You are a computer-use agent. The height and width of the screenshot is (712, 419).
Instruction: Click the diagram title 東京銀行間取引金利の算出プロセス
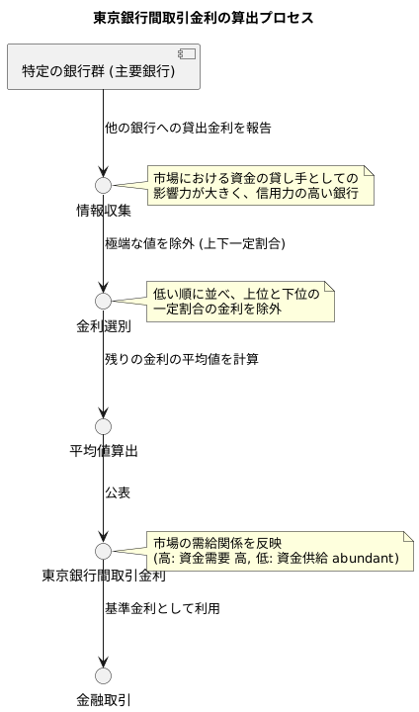[x=203, y=18]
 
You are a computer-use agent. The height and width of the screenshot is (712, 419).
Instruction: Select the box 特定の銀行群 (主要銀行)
[x=103, y=67]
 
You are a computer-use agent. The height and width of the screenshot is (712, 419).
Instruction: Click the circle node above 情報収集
[x=103, y=185]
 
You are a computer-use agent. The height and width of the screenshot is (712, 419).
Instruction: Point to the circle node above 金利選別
[x=103, y=301]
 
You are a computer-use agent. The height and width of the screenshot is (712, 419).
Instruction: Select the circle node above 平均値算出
[x=103, y=426]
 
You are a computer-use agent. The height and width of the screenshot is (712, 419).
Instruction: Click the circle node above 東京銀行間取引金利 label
[x=103, y=550]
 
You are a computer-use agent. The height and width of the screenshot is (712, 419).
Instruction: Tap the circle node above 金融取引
[x=103, y=675]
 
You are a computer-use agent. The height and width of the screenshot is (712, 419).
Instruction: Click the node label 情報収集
[x=103, y=211]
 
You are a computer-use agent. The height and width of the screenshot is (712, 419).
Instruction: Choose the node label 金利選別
[x=103, y=326]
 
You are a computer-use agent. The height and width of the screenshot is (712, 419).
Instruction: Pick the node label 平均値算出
[x=103, y=452]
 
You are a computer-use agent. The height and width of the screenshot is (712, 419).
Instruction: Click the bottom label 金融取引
[x=103, y=700]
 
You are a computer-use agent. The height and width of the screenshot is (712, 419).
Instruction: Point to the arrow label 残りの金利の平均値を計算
[x=182, y=359]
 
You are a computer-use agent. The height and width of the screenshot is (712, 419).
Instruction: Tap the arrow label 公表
[x=118, y=492]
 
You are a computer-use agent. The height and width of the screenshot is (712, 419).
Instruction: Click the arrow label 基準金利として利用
[x=162, y=608]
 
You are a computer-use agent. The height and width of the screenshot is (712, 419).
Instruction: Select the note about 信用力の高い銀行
[x=261, y=185]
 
